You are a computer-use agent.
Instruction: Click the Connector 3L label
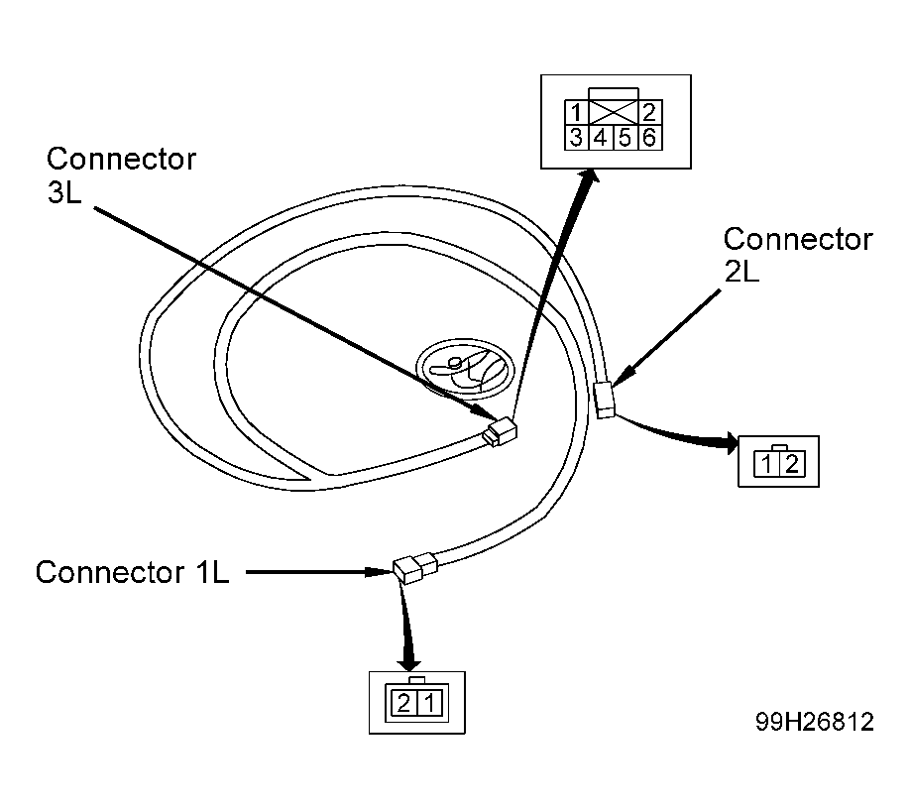click(x=121, y=175)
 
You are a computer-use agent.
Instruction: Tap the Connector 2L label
click(x=798, y=255)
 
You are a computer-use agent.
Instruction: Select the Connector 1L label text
click(x=132, y=572)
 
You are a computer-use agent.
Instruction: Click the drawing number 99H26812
click(x=814, y=722)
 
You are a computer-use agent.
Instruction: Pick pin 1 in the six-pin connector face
click(x=576, y=112)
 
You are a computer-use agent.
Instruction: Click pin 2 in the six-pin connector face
click(x=650, y=112)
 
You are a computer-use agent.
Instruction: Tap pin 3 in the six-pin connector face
click(x=576, y=138)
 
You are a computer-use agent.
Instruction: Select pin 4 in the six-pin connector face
click(x=601, y=138)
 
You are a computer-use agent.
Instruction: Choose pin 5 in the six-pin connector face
click(x=626, y=138)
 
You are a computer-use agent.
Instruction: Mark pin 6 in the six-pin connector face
click(x=650, y=138)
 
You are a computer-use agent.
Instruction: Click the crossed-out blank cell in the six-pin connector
click(x=614, y=112)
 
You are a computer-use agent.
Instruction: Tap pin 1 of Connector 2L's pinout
click(x=766, y=464)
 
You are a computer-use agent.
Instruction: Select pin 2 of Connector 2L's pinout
click(x=792, y=464)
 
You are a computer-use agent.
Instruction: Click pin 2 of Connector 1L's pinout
click(x=403, y=703)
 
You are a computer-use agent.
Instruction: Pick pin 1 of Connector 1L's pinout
click(x=430, y=703)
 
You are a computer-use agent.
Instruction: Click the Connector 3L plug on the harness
click(x=500, y=432)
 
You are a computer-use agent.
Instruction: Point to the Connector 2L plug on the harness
click(x=605, y=400)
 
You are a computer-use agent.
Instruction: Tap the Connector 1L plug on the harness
click(x=415, y=567)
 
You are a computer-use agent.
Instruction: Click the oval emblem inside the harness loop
click(x=466, y=369)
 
